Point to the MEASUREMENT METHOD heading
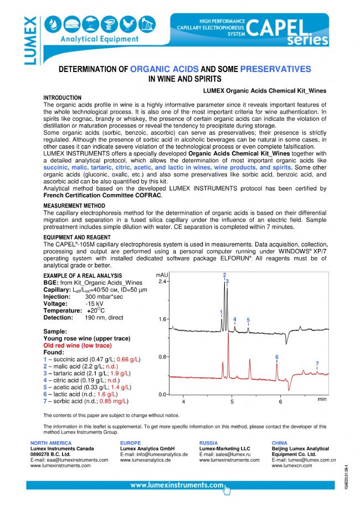click(x=71, y=205)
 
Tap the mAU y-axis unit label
click(x=162, y=275)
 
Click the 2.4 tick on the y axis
click(x=163, y=282)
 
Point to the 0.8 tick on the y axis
click(x=163, y=357)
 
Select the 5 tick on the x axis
click(x=233, y=402)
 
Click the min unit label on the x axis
click(x=323, y=399)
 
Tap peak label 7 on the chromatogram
click(x=317, y=364)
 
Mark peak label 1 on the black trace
click(x=221, y=312)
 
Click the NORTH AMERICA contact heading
click(x=51, y=443)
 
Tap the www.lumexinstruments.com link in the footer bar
click(x=177, y=485)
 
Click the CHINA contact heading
click(x=281, y=443)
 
